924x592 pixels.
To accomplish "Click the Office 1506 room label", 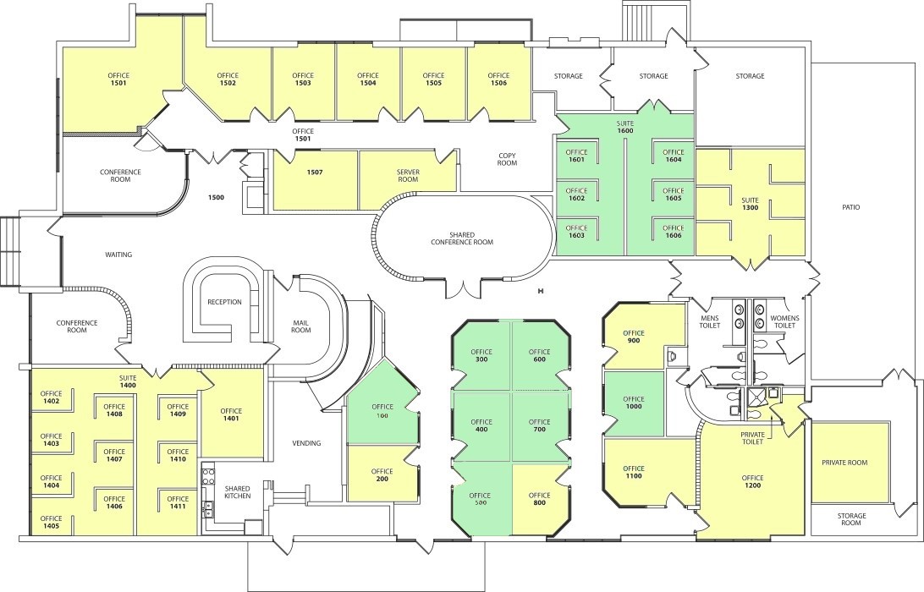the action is [x=498, y=79].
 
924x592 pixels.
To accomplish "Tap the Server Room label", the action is [x=408, y=176].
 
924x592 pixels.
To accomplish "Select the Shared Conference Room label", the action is [x=462, y=238].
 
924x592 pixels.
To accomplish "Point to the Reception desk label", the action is [x=224, y=302].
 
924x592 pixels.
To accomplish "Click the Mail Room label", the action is [x=301, y=326].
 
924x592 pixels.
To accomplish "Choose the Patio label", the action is [x=851, y=207].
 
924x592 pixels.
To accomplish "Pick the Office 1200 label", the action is [x=752, y=481].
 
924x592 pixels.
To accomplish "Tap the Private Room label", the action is [x=844, y=463].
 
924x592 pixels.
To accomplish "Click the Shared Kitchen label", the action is [x=238, y=492].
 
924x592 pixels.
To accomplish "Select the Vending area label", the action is [x=307, y=443].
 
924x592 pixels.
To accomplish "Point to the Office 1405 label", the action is [x=52, y=522].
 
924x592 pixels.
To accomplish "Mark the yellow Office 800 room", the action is [x=541, y=500].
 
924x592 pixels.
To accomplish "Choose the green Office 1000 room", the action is [x=634, y=403].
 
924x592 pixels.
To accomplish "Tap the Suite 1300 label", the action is [x=751, y=204].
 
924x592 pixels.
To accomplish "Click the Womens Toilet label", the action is [x=785, y=321].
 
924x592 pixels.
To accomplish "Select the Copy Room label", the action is [x=507, y=159].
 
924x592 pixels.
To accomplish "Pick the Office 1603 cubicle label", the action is [x=577, y=232].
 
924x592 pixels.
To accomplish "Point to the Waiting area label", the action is [x=118, y=255].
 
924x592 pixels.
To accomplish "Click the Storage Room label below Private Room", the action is [x=851, y=519].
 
